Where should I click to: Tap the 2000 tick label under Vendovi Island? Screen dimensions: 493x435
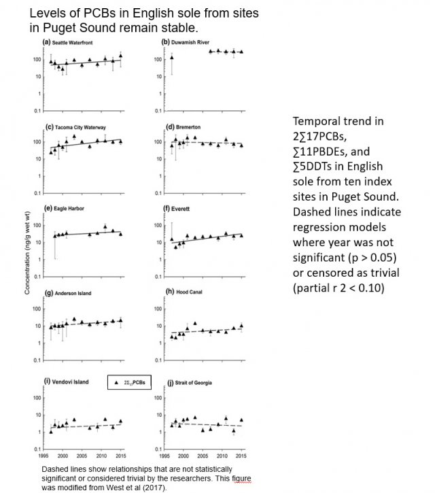click(x=62, y=456)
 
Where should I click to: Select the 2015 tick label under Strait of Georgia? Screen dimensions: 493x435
click(x=241, y=456)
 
